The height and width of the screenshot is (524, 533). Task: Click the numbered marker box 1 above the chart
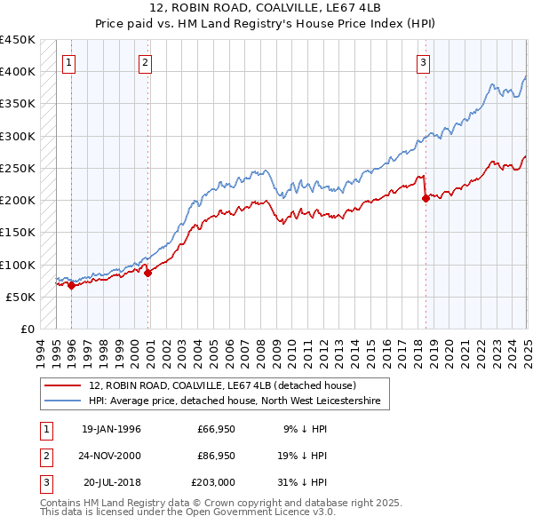click(x=68, y=62)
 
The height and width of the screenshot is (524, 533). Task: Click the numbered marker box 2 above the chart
click(x=145, y=62)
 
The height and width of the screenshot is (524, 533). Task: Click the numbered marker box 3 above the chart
click(x=424, y=62)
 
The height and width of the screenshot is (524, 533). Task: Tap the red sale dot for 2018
click(x=426, y=199)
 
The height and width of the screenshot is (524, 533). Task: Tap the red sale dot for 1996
click(x=71, y=285)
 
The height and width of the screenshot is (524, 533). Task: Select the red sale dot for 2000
click(x=147, y=273)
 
